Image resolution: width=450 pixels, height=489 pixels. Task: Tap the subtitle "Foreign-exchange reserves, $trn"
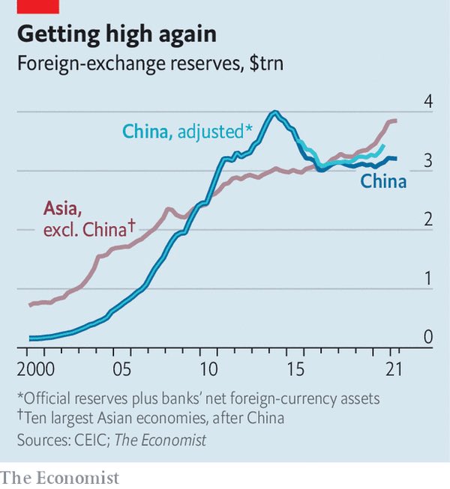click(148, 64)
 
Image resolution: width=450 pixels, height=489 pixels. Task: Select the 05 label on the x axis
click(122, 369)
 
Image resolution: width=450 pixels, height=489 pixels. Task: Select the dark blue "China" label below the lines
click(383, 181)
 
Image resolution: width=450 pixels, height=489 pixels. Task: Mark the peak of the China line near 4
click(275, 113)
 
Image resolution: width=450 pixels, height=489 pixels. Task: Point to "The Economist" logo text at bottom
click(60, 476)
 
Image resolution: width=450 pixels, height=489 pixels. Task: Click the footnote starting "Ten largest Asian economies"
click(168, 418)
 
